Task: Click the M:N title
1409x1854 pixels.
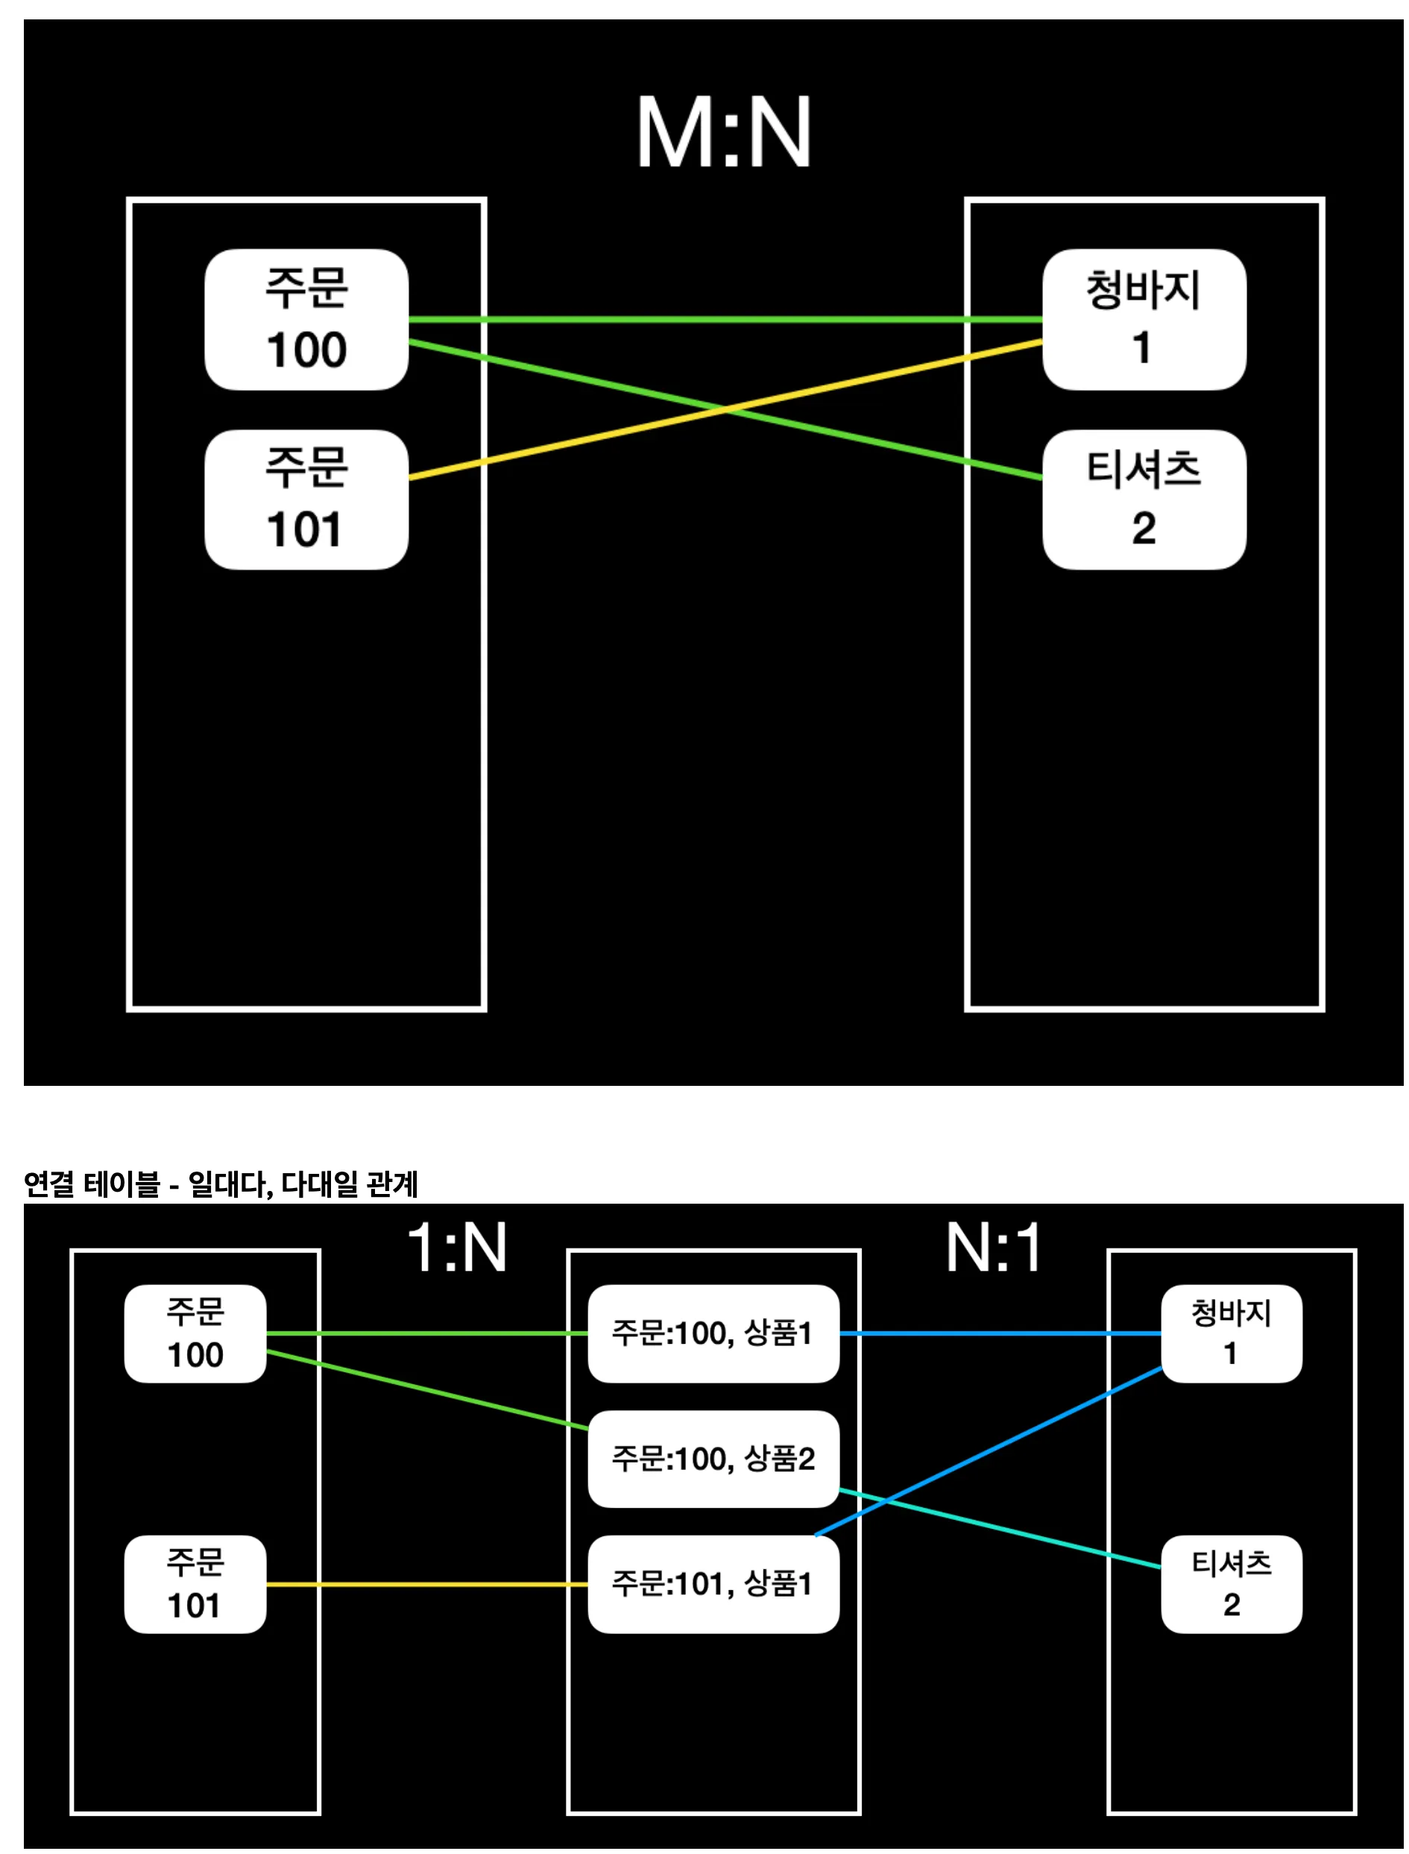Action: click(723, 132)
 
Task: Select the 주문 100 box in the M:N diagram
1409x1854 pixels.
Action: click(306, 320)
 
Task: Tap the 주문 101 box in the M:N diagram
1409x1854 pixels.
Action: click(306, 500)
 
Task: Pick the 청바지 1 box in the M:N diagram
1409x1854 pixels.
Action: click(1143, 320)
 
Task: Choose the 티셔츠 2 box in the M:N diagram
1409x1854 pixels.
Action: click(1143, 500)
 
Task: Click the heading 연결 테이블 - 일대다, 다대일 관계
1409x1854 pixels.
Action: click(221, 1184)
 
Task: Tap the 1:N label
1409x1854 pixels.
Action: click(457, 1248)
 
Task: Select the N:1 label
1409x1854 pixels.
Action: click(994, 1248)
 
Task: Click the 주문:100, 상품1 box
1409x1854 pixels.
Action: click(713, 1333)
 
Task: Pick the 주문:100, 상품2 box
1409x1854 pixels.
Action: click(713, 1459)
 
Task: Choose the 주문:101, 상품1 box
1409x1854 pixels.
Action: click(713, 1584)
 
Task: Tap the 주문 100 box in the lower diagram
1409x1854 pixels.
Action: click(195, 1333)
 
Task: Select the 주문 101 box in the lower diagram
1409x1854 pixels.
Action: click(195, 1584)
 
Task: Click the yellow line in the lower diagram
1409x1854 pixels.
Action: click(428, 1584)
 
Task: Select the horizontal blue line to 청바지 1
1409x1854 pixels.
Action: click(998, 1333)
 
